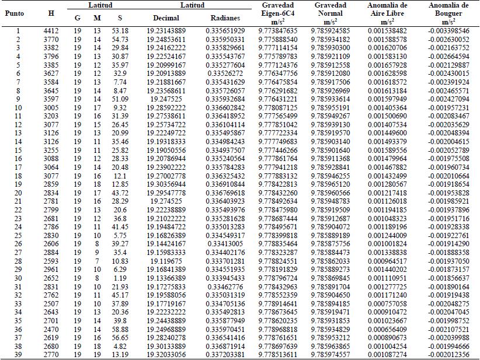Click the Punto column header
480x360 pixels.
(18, 12)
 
